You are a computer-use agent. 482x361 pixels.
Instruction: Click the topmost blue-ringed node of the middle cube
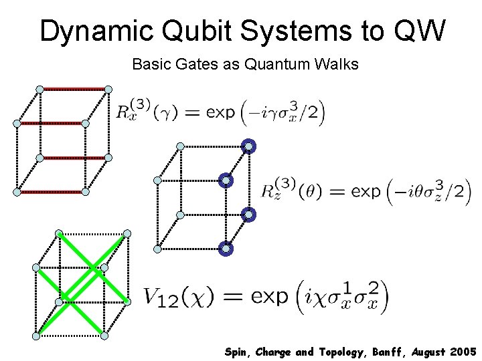tap(248, 146)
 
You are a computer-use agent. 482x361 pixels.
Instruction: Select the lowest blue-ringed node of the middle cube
tap(226, 249)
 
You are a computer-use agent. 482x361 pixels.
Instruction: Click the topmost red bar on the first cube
tap(74, 89)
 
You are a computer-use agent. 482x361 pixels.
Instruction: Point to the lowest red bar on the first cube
tap(51, 192)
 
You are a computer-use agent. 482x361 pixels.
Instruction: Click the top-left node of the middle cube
tap(180, 146)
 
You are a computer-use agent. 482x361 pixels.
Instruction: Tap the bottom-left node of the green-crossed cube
tap(36, 336)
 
